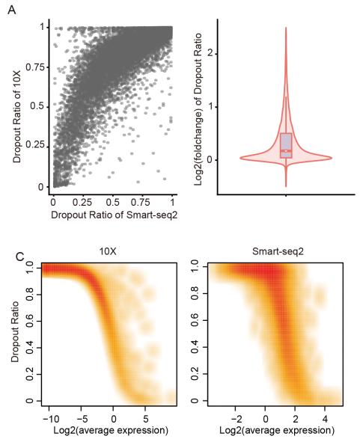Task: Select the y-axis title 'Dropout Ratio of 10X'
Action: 16,106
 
